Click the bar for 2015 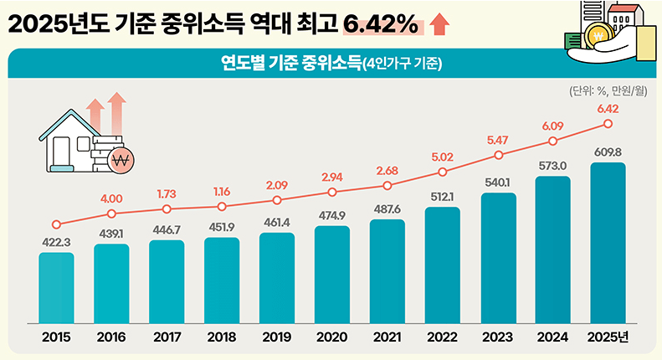pyautogui.click(x=56, y=287)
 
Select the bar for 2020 pyautogui.click(x=332, y=274)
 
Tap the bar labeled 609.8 pyautogui.click(x=608, y=242)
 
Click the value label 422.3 pyautogui.click(x=56, y=243)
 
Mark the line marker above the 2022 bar pyautogui.click(x=443, y=173)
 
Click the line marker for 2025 pyautogui.click(x=608, y=124)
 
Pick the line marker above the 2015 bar pyautogui.click(x=56, y=224)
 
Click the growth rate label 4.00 pyautogui.click(x=111, y=198)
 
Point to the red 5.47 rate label pyautogui.click(x=498, y=139)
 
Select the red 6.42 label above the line pyautogui.click(x=608, y=109)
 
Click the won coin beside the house pyautogui.click(x=123, y=160)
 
